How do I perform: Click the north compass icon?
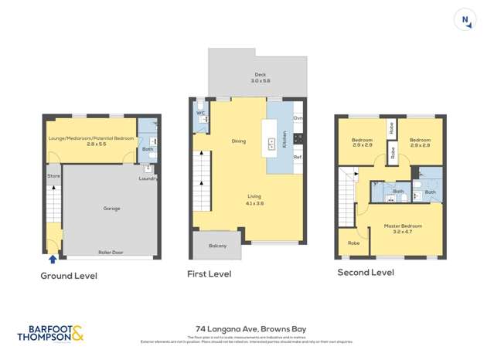[465, 21]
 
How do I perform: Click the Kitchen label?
[284, 139]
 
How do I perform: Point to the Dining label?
[238, 141]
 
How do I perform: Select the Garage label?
[112, 209]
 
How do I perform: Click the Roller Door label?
[112, 252]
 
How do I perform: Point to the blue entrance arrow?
[53, 259]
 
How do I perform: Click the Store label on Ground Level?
[53, 175]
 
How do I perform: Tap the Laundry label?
[148, 178]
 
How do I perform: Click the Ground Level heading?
[69, 276]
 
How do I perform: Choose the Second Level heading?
[365, 273]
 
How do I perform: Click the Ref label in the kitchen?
[297, 158]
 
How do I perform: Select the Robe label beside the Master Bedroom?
[353, 243]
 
